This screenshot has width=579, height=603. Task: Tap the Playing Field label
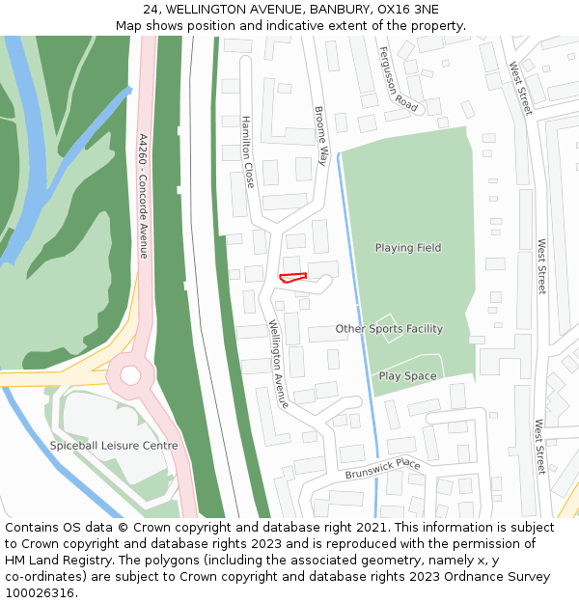[408, 248]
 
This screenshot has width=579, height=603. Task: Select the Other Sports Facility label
[389, 329]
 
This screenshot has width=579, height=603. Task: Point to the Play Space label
[407, 376]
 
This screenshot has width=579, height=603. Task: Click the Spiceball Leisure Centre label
[114, 446]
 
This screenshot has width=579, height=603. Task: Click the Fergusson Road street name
[398, 79]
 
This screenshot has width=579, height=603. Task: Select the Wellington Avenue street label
[278, 364]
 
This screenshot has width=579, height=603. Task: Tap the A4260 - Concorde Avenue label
[143, 196]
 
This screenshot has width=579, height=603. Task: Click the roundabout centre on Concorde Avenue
[130, 373]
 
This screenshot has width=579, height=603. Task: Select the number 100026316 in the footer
[39, 593]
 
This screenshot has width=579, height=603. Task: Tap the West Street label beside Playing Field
[541, 266]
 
